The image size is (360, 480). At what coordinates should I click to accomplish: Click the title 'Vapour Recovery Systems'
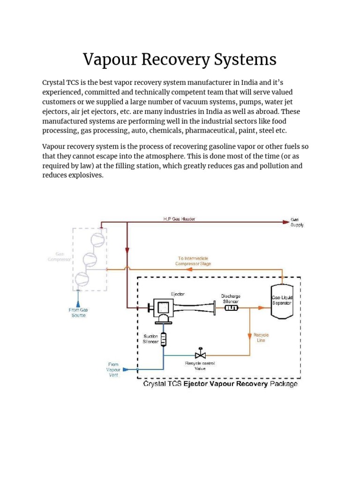[180, 60]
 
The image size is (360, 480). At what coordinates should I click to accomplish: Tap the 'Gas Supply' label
[297, 222]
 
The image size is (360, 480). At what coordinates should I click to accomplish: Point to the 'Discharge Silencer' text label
[231, 299]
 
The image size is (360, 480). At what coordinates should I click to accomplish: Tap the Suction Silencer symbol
[164, 339]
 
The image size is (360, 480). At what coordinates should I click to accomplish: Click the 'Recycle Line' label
[261, 337]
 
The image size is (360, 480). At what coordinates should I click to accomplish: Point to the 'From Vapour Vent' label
[113, 370]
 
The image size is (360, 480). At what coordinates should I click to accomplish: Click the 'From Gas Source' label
[78, 313]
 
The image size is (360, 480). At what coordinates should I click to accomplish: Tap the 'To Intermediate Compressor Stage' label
[193, 261]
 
